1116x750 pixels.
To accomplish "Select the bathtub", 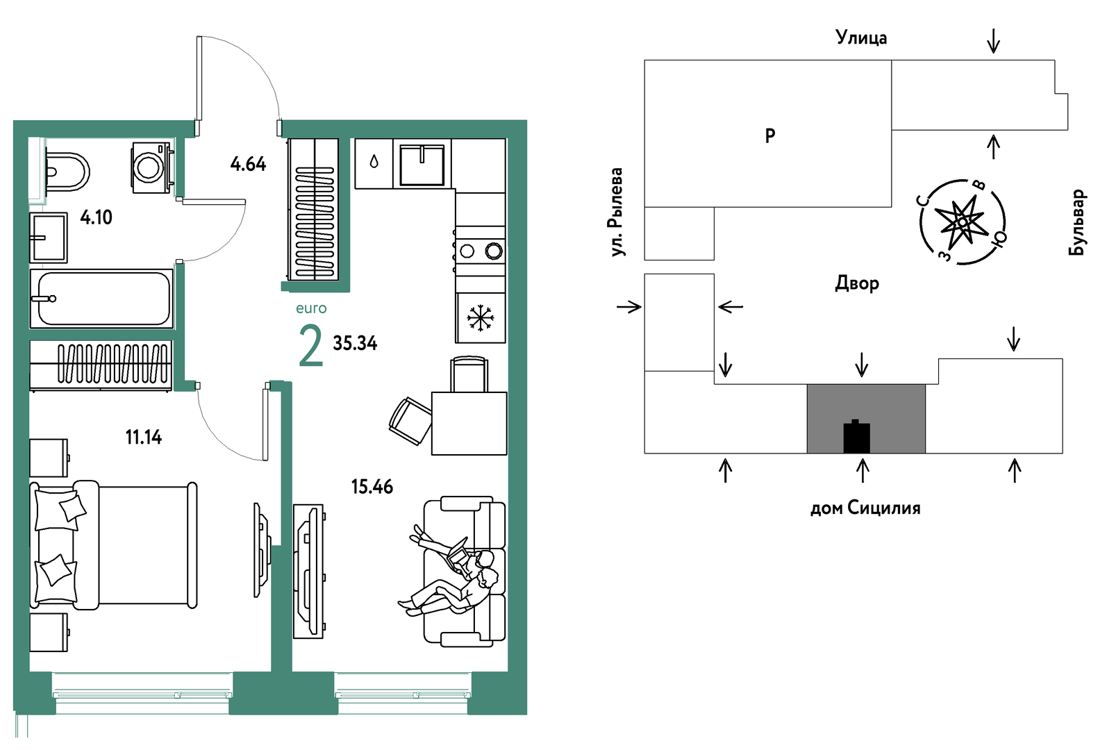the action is point(101,299).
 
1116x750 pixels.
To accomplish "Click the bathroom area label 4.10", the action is point(96,217).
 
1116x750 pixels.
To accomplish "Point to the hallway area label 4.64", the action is point(248,164).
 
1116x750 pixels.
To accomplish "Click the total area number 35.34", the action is point(355,343).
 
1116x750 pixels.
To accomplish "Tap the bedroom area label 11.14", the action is point(144,437).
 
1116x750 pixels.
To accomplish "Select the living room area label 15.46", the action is point(372,486).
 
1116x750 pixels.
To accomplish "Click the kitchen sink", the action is point(422,165).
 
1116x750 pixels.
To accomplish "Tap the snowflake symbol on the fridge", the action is point(481,318).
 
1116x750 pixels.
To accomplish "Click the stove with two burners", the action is point(481,251).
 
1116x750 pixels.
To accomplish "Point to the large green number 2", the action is point(310,347).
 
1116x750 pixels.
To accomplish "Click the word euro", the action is point(311,308).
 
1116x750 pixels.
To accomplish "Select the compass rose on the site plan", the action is point(962,222).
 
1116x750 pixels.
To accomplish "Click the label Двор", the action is point(857,283).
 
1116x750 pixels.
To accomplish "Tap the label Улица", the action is point(861,37).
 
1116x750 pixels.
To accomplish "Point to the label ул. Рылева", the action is point(617,212).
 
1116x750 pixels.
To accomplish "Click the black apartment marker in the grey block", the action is point(856,437).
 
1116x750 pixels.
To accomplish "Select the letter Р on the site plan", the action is point(770,135).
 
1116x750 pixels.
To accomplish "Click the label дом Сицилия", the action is point(865,508).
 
